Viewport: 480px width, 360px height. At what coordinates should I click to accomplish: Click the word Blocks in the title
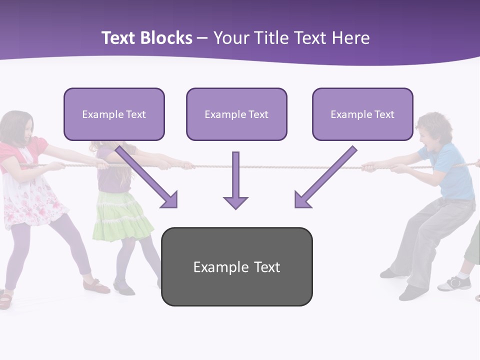(165, 38)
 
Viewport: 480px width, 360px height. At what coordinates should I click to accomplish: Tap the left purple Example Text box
(114, 114)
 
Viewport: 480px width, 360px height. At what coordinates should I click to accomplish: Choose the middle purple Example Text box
(236, 114)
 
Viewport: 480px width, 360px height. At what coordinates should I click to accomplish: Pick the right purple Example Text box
(362, 114)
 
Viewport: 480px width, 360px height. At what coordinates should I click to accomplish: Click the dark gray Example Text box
(236, 266)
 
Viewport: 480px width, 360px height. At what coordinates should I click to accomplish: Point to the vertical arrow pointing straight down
(235, 180)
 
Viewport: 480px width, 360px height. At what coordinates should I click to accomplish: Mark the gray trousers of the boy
(430, 235)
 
